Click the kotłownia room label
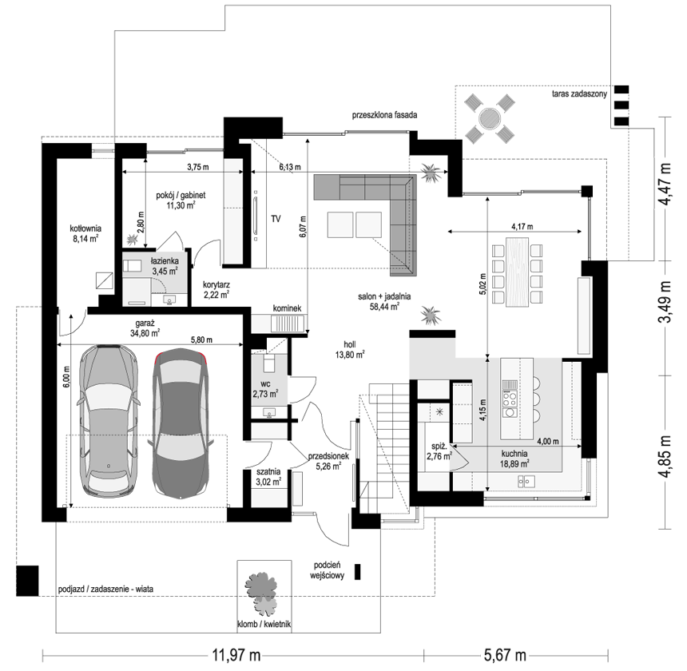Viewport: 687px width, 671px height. [x=85, y=228]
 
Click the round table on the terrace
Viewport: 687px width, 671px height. [x=489, y=117]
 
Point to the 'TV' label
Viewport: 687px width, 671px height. [x=276, y=219]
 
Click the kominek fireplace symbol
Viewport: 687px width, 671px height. [x=287, y=324]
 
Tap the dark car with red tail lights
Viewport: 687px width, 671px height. [x=181, y=423]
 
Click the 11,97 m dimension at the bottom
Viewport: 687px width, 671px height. [x=236, y=655]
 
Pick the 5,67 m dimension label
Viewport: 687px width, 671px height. [x=505, y=655]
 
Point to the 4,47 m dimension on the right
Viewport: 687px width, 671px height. [x=665, y=184]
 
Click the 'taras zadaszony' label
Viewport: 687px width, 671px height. [x=579, y=93]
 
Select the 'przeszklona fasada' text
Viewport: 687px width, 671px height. [x=384, y=115]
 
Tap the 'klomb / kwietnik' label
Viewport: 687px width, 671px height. [x=264, y=624]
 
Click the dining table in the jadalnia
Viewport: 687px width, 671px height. [x=518, y=272]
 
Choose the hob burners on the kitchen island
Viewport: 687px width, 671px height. [x=510, y=399]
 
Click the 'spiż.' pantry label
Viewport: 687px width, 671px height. [x=439, y=447]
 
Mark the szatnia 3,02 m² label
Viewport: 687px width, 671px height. [x=268, y=477]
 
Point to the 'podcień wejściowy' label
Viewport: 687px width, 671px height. [x=327, y=570]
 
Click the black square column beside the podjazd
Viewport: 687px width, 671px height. [x=27, y=581]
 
